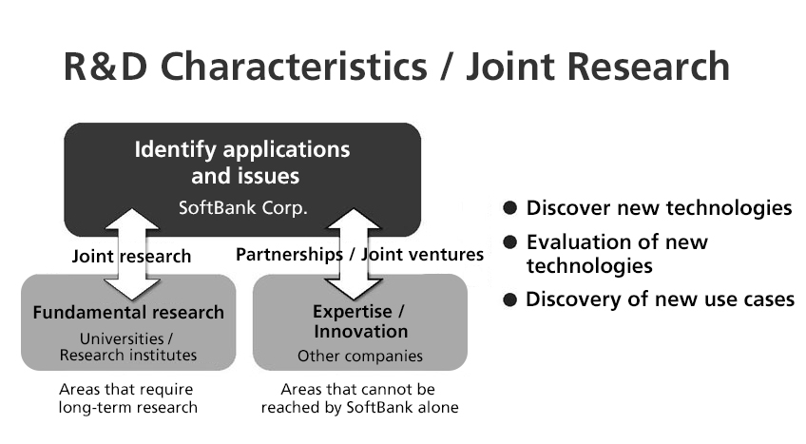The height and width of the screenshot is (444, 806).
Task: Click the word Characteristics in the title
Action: [294, 66]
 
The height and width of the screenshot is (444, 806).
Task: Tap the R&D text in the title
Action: [106, 66]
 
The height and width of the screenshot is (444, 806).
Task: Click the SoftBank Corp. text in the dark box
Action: [242, 208]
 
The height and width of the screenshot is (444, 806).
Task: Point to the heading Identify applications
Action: [242, 150]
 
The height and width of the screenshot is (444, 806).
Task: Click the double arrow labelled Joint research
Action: [131, 254]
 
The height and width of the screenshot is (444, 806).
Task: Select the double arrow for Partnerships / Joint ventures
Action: [354, 254]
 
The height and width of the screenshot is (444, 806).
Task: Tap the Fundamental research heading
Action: [128, 313]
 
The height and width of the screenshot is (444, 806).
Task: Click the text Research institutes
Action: [128, 355]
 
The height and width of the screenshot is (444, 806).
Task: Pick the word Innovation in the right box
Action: [361, 332]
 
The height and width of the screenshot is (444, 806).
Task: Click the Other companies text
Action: [360, 357]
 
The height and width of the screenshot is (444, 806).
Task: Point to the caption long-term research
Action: [128, 408]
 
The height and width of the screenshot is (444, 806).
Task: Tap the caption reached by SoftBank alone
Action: [360, 408]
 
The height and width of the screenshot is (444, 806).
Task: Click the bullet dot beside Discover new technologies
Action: [509, 208]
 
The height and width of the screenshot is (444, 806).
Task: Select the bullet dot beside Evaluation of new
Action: [509, 242]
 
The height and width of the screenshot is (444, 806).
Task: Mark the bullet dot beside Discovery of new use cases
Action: [509, 299]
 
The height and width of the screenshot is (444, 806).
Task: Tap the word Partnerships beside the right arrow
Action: [289, 255]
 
